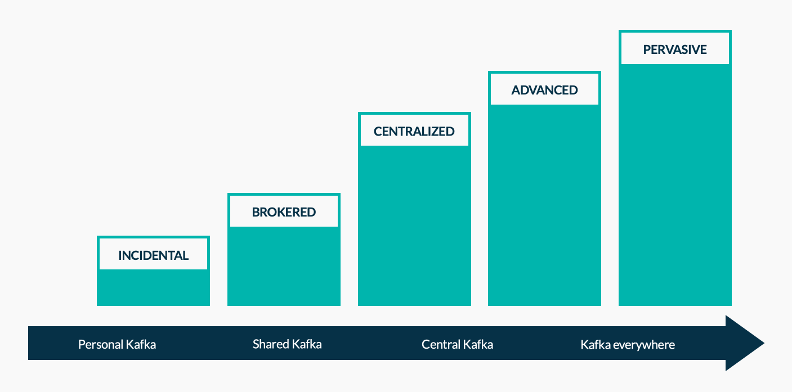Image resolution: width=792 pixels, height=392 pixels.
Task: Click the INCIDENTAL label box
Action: click(153, 254)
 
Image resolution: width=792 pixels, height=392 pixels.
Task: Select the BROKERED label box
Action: click(284, 211)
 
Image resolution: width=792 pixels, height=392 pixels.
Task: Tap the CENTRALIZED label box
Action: click(414, 130)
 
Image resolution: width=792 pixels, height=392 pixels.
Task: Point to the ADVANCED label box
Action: click(544, 89)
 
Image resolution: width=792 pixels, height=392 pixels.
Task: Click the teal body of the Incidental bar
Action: click(153, 287)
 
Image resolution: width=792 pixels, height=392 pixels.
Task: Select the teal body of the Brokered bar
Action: click(284, 266)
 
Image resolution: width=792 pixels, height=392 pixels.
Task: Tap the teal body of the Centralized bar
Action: click(414, 226)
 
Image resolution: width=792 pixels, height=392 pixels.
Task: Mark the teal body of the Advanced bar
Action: click(544, 205)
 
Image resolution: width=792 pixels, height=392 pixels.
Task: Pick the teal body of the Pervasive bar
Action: click(675, 184)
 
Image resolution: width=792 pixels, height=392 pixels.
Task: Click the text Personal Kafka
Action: click(117, 344)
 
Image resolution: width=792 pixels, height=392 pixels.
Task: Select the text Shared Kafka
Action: click(287, 344)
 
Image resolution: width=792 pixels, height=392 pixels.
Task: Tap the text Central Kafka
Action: click(457, 344)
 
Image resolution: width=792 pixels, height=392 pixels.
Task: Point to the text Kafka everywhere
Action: click(628, 345)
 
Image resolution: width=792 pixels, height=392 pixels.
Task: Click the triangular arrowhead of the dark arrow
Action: click(742, 343)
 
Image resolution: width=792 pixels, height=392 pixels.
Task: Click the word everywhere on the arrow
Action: click(644, 345)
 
